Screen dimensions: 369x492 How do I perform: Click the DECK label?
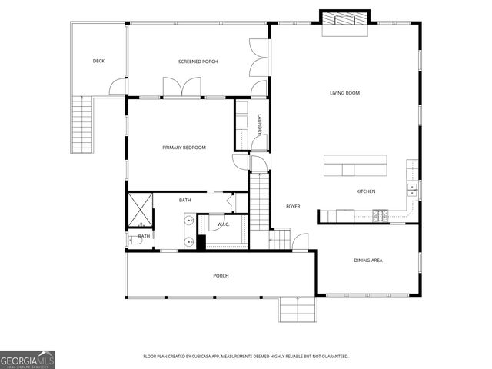98,61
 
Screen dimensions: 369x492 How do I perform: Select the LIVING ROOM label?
345,93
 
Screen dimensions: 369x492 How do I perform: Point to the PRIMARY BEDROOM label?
184,148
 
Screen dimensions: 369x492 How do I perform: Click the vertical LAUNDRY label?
261,125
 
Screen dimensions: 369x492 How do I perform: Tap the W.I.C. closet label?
224,224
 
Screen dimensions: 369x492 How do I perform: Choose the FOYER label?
293,206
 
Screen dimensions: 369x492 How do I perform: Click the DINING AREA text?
368,261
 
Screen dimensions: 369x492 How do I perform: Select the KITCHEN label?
366,191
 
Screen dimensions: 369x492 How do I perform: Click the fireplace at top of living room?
344,21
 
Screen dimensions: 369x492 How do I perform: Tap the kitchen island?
355,165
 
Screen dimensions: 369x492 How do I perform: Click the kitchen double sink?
412,188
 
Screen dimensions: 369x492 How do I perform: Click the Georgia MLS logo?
28,358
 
